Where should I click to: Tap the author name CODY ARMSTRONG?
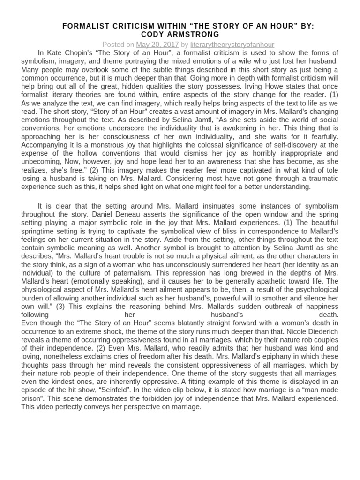[x=180, y=35]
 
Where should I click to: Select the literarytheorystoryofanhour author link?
[x=232, y=45]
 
